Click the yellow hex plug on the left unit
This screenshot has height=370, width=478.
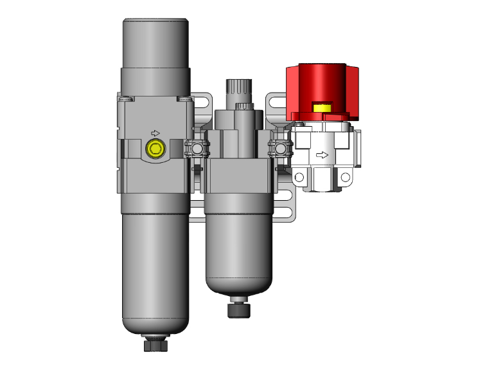154,149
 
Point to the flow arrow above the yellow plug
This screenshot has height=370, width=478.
155,133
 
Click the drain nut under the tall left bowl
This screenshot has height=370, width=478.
155,345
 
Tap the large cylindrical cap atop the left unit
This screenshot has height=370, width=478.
155,42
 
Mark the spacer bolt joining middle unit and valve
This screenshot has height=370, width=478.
279,150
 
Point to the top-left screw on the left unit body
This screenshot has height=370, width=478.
126,98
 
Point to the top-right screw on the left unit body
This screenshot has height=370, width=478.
185,98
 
